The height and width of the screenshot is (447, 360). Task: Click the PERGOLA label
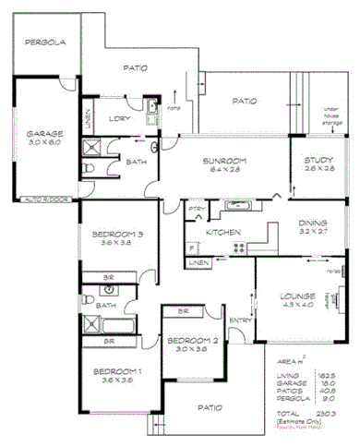click(x=43, y=42)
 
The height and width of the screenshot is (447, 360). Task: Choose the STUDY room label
click(x=320, y=161)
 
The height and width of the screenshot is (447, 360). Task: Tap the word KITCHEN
click(x=222, y=232)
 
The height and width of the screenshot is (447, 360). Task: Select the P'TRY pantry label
click(x=196, y=210)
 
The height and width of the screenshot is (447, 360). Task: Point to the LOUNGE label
click(x=297, y=296)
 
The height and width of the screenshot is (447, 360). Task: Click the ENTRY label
click(x=240, y=320)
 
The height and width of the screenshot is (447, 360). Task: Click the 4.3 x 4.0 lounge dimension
click(x=297, y=306)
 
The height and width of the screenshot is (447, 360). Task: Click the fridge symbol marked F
click(x=191, y=248)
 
